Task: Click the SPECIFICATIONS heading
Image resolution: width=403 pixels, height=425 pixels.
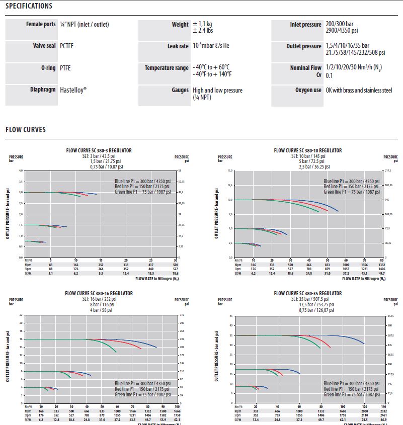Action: pyautogui.click(x=29, y=7)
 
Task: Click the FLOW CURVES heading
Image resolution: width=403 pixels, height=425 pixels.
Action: pyautogui.click(x=26, y=130)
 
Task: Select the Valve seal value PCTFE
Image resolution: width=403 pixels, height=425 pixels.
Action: pyautogui.click(x=67, y=46)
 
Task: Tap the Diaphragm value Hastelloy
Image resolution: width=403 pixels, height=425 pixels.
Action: pyautogui.click(x=73, y=91)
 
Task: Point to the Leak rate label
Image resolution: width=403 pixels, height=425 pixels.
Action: pyautogui.click(x=177, y=46)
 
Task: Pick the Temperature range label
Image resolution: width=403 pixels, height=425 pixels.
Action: pyautogui.click(x=167, y=68)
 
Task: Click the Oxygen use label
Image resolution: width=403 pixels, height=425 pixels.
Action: pyautogui.click(x=308, y=91)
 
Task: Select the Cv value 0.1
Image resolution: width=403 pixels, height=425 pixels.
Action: pyautogui.click(x=329, y=75)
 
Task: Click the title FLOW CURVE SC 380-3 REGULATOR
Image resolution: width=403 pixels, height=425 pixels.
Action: pyautogui.click(x=99, y=150)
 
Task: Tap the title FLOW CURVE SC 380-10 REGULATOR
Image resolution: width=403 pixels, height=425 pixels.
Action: pyautogui.click(x=308, y=150)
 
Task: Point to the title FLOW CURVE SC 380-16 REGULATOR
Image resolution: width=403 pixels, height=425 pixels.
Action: pyautogui.click(x=99, y=293)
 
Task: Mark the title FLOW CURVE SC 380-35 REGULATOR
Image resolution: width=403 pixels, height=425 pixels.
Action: pyautogui.click(x=308, y=293)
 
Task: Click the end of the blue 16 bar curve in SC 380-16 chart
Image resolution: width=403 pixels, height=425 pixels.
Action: pyautogui.click(x=156, y=348)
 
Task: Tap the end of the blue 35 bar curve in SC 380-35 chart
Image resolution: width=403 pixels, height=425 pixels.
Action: pyautogui.click(x=364, y=344)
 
